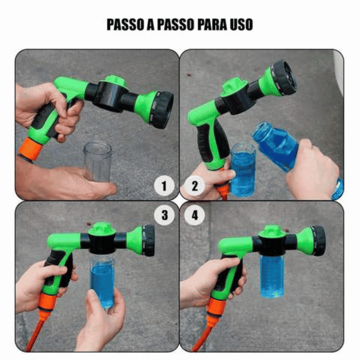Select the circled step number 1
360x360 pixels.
click(x=164, y=186)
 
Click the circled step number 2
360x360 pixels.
click(x=194, y=186)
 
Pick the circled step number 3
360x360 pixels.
click(x=164, y=215)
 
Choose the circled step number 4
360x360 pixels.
click(x=194, y=215)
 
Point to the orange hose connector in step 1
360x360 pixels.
click(x=30, y=149)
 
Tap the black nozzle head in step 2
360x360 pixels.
click(x=284, y=78)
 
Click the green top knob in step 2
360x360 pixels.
click(x=233, y=85)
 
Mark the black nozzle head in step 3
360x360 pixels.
click(x=148, y=240)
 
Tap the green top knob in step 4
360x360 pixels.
click(x=272, y=231)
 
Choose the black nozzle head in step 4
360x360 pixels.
click(x=319, y=240)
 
